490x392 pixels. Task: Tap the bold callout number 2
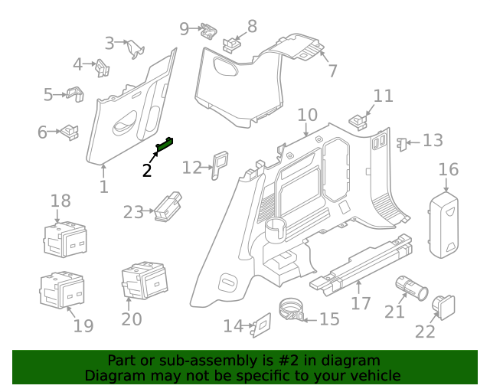147,170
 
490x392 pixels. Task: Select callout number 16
448,169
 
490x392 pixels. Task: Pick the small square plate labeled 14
260,325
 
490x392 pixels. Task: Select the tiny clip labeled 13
400,142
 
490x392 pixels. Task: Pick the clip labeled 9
207,31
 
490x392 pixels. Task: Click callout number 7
332,71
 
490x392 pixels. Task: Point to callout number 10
306,115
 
